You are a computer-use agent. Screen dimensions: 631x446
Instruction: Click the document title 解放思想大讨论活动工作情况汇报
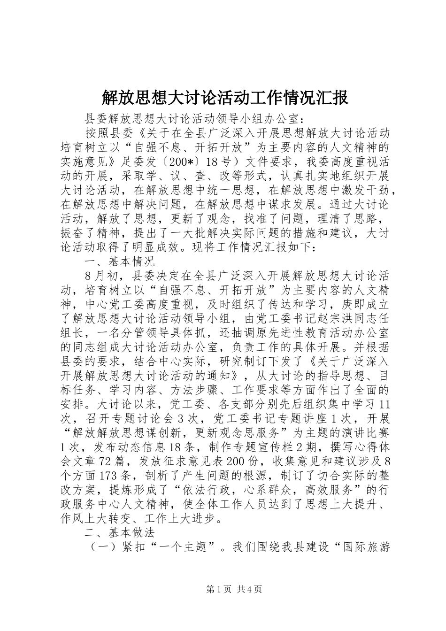(x=225, y=98)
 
